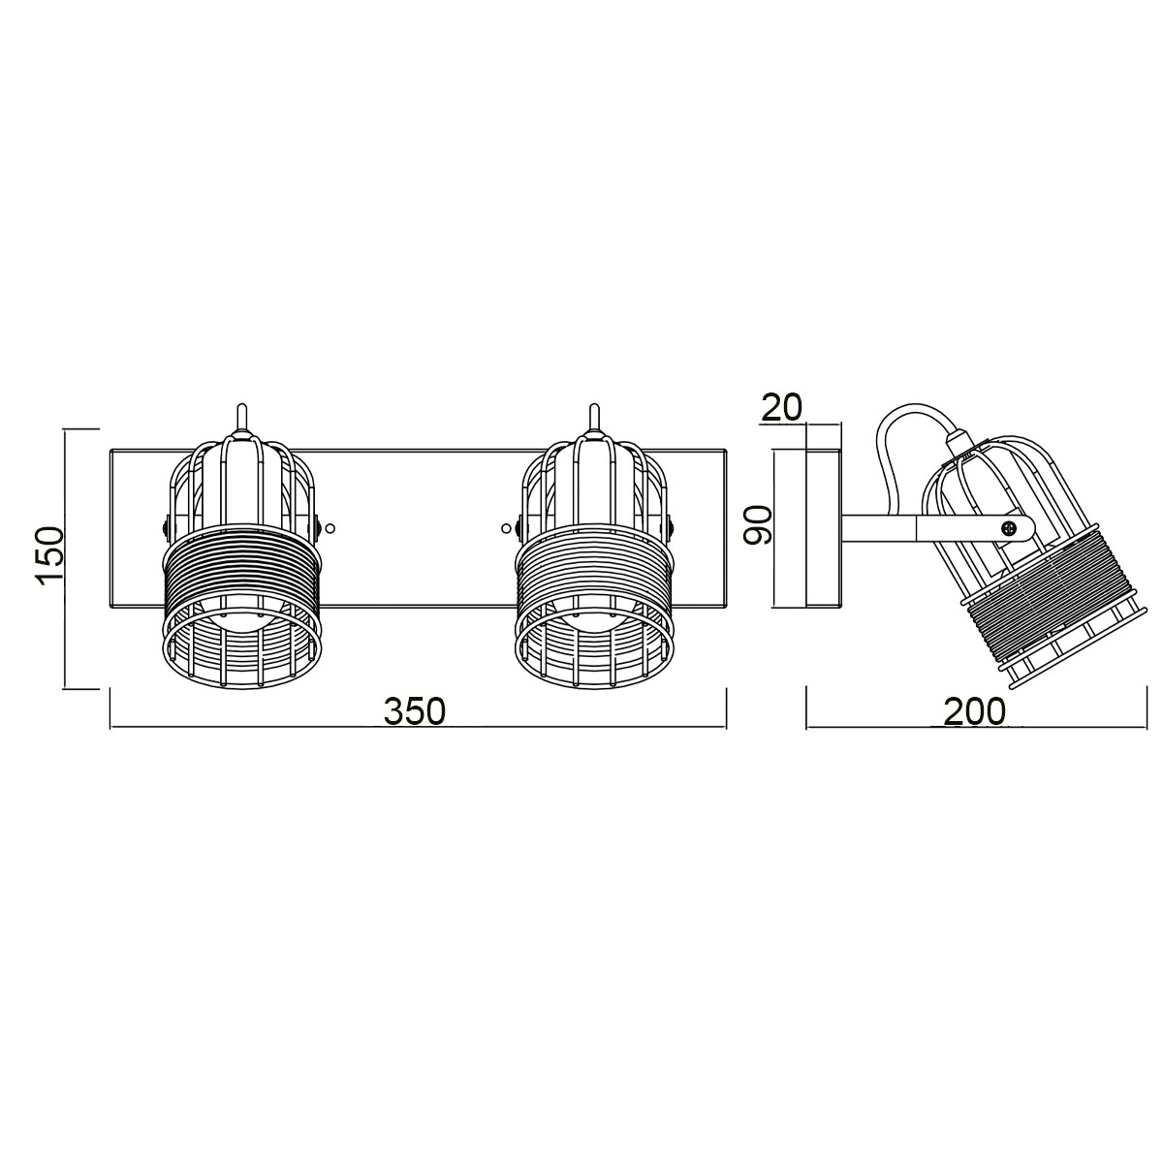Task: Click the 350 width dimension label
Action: click(415, 711)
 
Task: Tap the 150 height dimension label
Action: click(49, 556)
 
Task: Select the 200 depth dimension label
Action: click(974, 711)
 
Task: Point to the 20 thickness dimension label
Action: click(781, 407)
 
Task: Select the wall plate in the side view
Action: click(824, 528)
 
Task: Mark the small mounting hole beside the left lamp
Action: click(330, 528)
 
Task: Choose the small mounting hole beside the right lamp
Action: click(505, 528)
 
